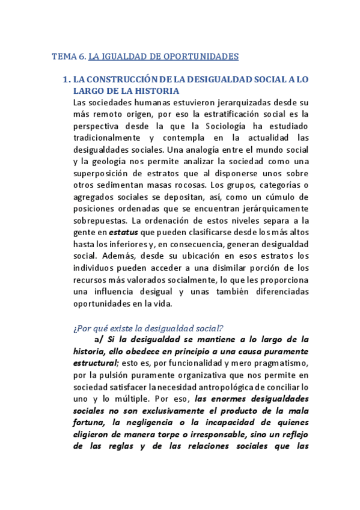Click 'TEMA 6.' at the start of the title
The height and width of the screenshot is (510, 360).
[x=69, y=57]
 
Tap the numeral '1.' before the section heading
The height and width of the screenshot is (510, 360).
[x=66, y=79]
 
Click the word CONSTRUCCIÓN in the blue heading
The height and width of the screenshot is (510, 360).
[x=123, y=79]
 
